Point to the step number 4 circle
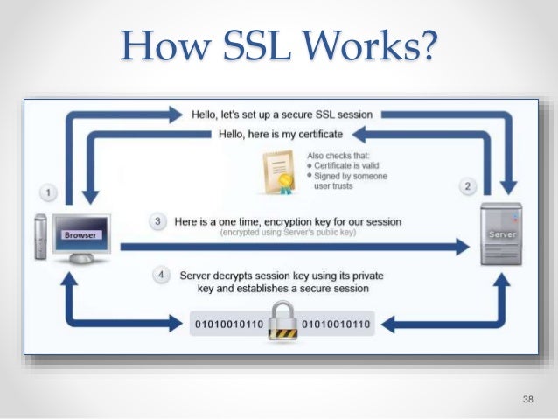160,275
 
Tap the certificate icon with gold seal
276,170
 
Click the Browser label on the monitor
80,235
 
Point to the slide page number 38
527,399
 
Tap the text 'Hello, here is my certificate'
279,135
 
